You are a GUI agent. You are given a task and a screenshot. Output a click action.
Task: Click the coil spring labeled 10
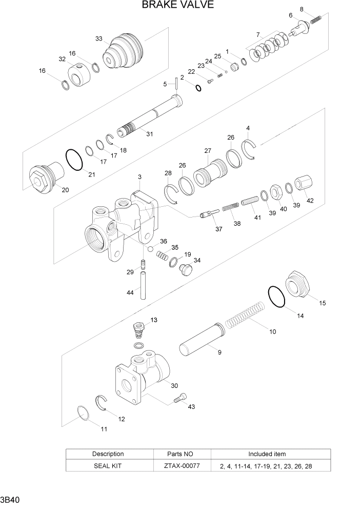click(x=245, y=318)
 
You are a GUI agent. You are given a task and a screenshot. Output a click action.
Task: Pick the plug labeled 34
click(x=185, y=268)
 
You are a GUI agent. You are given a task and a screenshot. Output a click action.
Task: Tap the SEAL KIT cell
click(x=108, y=466)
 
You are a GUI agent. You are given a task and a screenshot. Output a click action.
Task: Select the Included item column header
click(x=267, y=454)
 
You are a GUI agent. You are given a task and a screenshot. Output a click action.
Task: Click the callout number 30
click(x=174, y=386)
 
